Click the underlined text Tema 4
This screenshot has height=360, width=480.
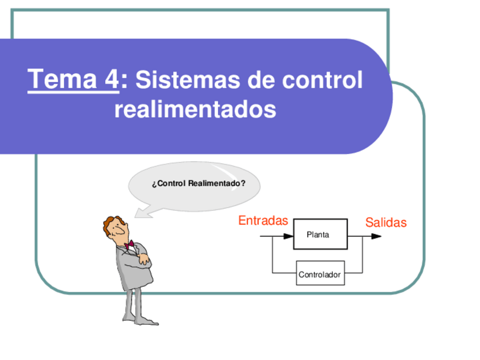[x=74, y=79]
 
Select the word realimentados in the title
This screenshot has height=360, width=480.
[x=195, y=109]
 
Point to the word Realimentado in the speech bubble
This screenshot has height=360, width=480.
[x=216, y=183]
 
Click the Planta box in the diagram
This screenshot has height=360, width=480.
[x=320, y=234]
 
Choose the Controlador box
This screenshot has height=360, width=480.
[x=320, y=275]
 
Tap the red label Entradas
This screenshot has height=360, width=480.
[x=263, y=221]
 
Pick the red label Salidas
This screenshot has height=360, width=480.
[x=385, y=222]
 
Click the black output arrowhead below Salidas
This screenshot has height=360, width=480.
[x=376, y=235]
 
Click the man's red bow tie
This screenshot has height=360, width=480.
[x=130, y=245]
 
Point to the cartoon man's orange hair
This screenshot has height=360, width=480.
[x=109, y=222]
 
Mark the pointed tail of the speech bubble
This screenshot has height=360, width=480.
[x=139, y=213]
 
